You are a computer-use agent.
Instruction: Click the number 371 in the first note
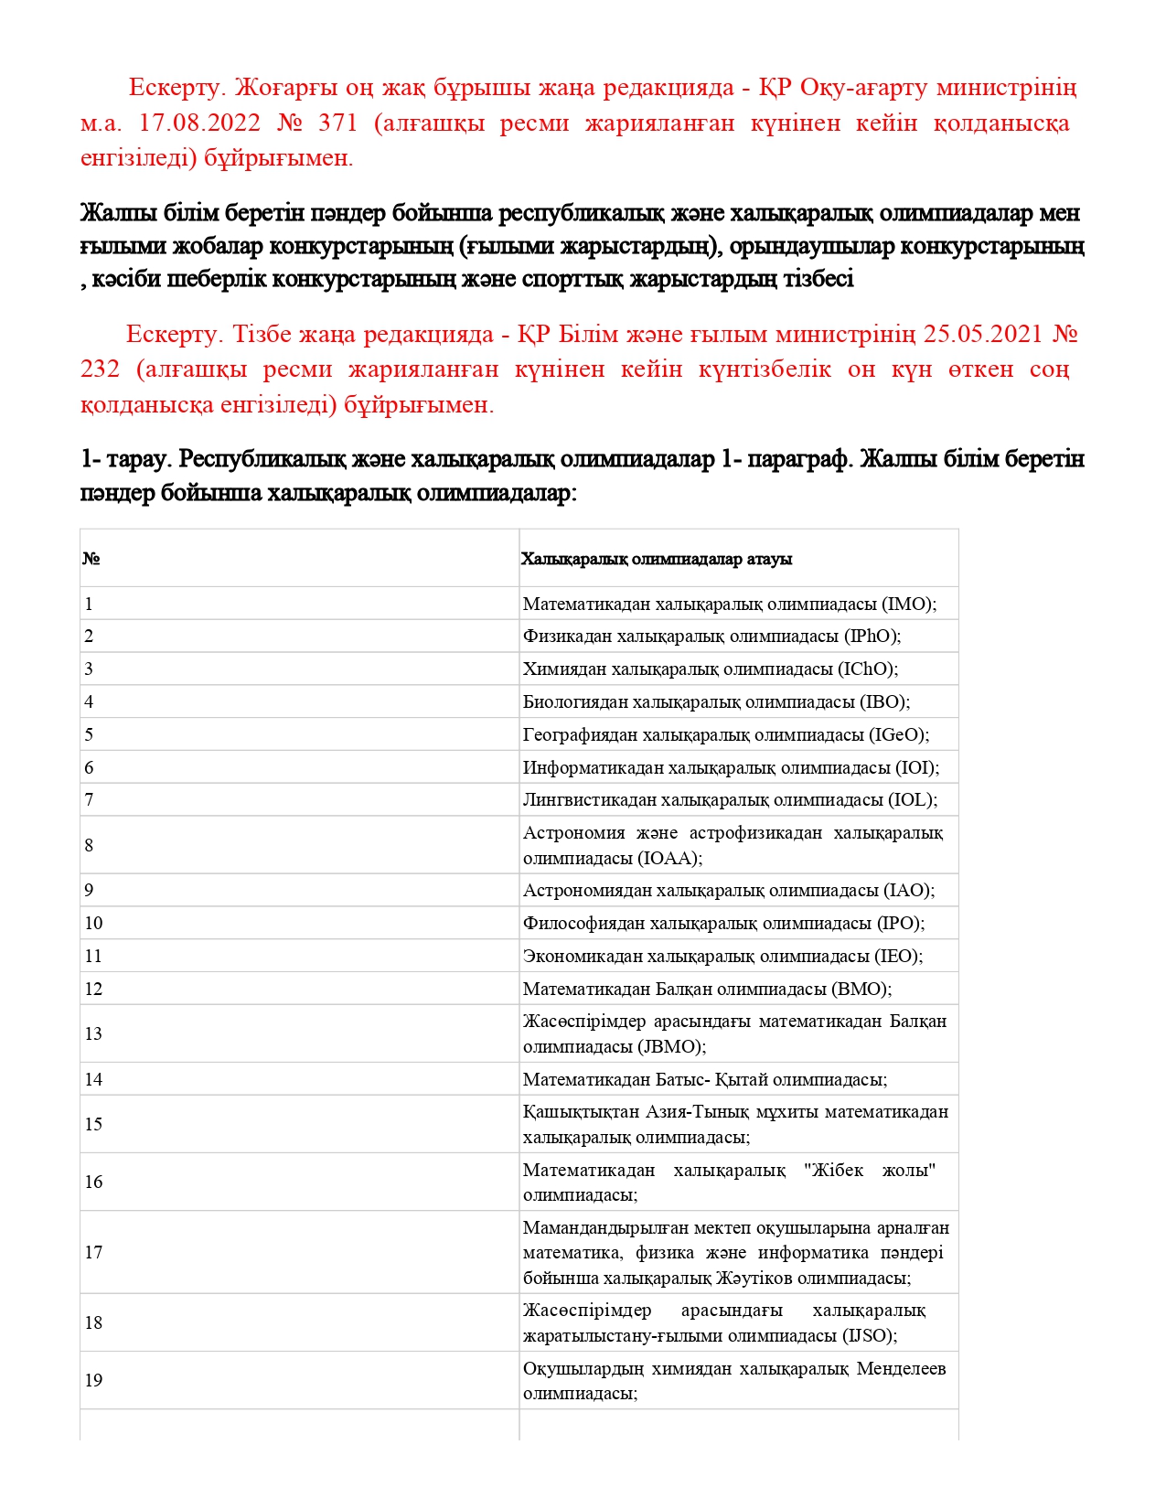(339, 123)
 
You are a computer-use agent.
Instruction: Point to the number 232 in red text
(100, 369)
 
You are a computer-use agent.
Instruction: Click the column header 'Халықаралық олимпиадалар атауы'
(657, 559)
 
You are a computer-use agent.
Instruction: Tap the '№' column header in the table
(91, 559)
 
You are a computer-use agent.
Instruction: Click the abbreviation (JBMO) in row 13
(676, 1046)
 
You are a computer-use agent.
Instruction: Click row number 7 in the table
(89, 799)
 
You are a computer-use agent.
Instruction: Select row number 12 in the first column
(93, 989)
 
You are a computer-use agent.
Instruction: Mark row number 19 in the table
(93, 1380)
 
